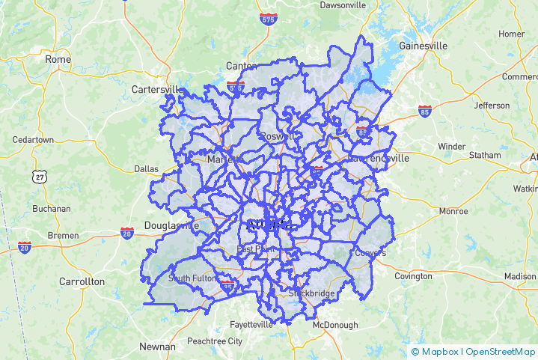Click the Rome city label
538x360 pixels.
pyautogui.click(x=58, y=59)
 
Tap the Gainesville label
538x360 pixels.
pyautogui.click(x=423, y=46)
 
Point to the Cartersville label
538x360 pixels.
pyautogui.click(x=156, y=89)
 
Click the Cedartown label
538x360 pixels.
pyautogui.click(x=33, y=140)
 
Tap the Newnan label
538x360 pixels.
pyautogui.click(x=157, y=347)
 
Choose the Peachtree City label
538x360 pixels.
pyautogui.click(x=215, y=341)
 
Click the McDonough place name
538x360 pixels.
pyautogui.click(x=335, y=325)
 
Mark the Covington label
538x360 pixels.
pyautogui.click(x=413, y=276)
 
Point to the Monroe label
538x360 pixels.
pyautogui.click(x=453, y=211)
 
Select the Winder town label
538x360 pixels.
pyautogui.click(x=451, y=146)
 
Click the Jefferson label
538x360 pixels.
pyautogui.click(x=491, y=106)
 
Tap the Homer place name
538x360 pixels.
pyautogui.click(x=512, y=34)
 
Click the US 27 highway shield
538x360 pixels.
pyautogui.click(x=39, y=176)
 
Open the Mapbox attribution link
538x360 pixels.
pyautogui.click(x=436, y=351)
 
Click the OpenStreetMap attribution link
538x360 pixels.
pyautogui.click(x=501, y=351)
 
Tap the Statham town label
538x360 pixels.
pyautogui.click(x=486, y=155)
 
